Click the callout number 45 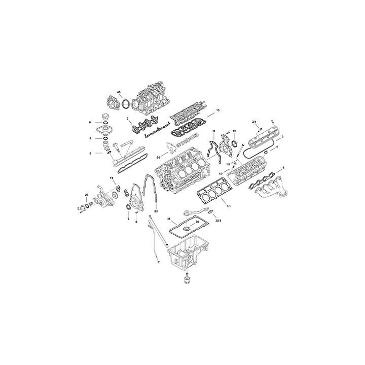pos(119,92)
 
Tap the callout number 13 pos(217,110)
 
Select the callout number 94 pos(159,157)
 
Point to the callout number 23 pos(87,195)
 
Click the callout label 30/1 pos(218,222)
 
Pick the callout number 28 pos(169,219)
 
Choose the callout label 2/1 pos(254,122)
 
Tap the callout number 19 pos(112,178)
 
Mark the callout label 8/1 pos(157,211)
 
